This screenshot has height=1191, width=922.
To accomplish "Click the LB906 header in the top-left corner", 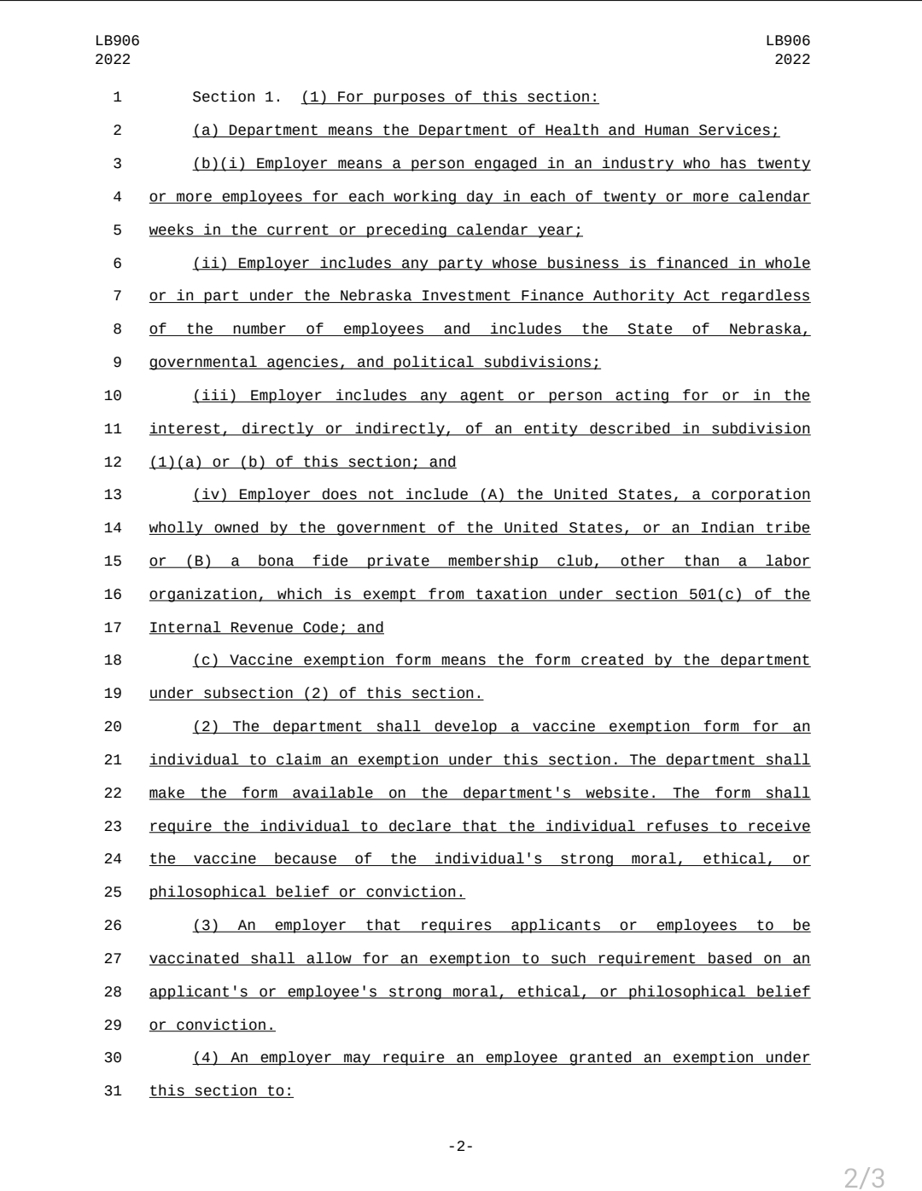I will pos(117,41).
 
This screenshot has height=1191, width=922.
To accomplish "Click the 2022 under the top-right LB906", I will pos(792,60).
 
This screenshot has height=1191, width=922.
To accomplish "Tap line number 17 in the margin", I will pos(114,628).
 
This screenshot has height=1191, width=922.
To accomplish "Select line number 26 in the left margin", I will pos(114,926).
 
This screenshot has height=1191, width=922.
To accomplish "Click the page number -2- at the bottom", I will pos(461,1146).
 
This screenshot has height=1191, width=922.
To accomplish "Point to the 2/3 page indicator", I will pos(864,1177).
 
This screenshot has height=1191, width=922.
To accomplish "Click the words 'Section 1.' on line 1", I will pos(236,97).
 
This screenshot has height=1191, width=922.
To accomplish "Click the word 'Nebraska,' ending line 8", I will pos(769,329).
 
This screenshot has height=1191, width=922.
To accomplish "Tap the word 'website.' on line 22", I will pos(621,793).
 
